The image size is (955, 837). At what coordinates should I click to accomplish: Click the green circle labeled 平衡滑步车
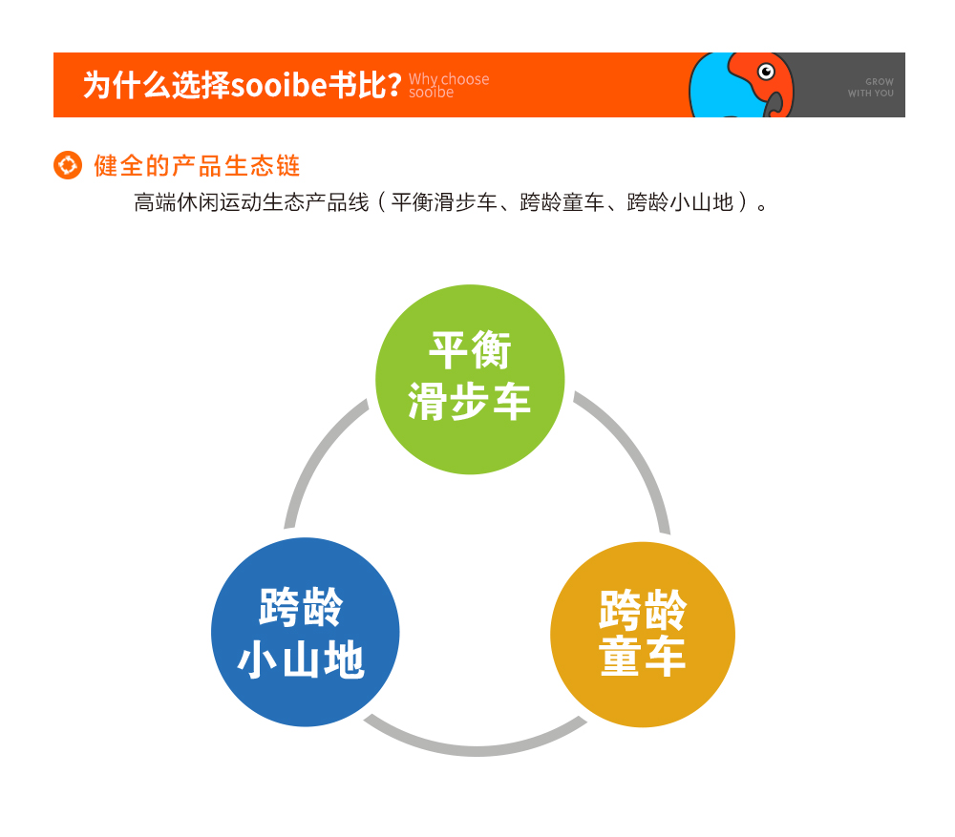470,379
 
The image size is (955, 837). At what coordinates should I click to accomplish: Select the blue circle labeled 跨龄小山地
306,632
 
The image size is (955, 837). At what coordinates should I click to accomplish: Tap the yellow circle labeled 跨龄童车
643,635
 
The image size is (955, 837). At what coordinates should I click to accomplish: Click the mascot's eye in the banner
766,72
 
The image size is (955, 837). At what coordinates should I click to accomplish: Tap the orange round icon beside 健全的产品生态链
68,165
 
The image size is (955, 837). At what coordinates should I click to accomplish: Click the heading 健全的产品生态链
197,165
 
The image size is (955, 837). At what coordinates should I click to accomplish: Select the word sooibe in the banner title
279,85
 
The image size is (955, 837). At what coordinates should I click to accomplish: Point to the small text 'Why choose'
448,79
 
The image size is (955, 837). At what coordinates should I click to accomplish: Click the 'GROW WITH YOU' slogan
871,87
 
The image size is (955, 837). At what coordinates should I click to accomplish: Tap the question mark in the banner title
394,85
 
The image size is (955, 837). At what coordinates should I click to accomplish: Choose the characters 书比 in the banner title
357,85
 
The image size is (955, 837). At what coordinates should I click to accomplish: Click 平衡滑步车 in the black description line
444,202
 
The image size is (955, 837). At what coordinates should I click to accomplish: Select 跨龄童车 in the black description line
562,202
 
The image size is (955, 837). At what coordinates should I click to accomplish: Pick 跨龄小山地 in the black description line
680,202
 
